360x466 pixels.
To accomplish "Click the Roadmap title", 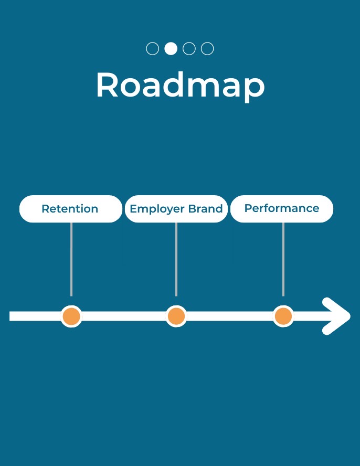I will (x=180, y=85).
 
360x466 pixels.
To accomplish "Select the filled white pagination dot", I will (x=171, y=49).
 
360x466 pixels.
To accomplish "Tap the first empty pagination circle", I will (x=152, y=49).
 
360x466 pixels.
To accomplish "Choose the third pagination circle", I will (x=189, y=49).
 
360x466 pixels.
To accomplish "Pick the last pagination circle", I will (x=207, y=49).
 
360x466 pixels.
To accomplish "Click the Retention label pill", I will (x=70, y=209).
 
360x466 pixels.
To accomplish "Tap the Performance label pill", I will (x=282, y=209).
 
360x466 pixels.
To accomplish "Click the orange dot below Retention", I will (x=71, y=316).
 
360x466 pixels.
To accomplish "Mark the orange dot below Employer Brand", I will (x=176, y=316).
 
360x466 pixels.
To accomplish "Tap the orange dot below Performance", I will (x=283, y=316).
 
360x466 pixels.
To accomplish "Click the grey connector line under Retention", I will (x=71, y=259).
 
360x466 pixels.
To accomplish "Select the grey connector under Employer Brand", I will (x=176, y=259).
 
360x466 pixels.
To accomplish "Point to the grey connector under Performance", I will (x=283, y=259).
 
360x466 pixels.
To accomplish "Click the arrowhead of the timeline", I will (x=337, y=316).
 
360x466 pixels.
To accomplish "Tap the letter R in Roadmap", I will (x=107, y=85).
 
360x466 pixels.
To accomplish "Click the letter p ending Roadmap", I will (x=254, y=88).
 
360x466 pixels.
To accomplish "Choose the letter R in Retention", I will (x=45, y=209).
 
